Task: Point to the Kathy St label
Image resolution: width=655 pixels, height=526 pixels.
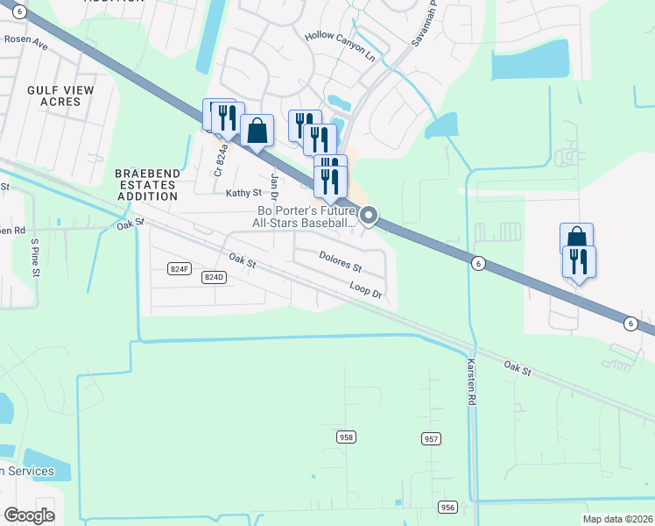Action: click(243, 193)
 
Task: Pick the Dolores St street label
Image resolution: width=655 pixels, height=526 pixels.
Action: click(340, 260)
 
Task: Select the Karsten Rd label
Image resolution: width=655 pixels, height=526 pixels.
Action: click(471, 385)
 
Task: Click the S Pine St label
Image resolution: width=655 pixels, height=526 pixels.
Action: click(35, 256)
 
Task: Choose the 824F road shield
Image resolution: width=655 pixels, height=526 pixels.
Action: click(179, 268)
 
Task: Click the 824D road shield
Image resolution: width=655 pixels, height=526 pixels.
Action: click(214, 277)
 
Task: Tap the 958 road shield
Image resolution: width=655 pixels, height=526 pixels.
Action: click(347, 437)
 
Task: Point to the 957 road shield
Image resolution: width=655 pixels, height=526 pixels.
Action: click(431, 438)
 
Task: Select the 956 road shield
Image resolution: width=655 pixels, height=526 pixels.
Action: click(448, 508)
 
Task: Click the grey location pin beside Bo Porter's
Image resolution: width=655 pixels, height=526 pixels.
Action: click(369, 215)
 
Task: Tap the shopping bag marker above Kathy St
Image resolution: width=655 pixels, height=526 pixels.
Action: click(257, 131)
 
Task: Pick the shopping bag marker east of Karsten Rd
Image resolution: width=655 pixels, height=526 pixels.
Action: click(576, 238)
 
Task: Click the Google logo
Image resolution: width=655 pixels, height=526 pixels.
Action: click(29, 515)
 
